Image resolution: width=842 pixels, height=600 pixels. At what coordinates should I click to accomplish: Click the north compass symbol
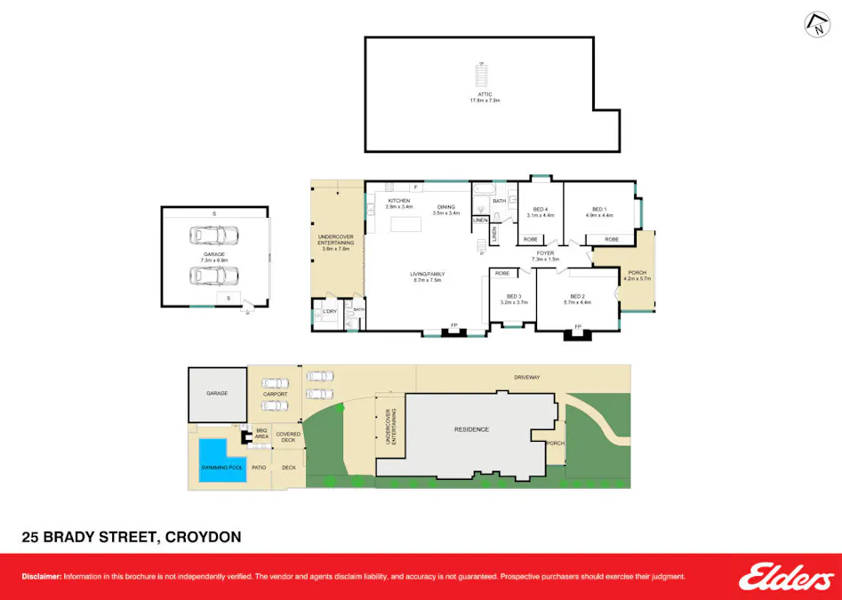click(814, 25)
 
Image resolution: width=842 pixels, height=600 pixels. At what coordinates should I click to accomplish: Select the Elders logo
click(786, 578)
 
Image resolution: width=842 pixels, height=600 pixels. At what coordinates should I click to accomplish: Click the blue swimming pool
click(221, 460)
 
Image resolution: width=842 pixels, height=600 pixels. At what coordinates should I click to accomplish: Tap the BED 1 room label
click(598, 212)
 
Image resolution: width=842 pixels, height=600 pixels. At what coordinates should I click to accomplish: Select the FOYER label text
click(544, 254)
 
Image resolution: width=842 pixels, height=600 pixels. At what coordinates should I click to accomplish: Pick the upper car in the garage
click(214, 236)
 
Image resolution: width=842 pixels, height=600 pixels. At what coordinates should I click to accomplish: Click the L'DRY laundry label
click(329, 311)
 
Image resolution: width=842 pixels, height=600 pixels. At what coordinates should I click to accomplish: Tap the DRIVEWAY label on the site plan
click(526, 377)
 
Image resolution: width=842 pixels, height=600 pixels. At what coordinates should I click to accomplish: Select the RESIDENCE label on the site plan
click(471, 429)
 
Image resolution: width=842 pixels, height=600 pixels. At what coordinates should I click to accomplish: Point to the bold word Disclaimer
click(41, 577)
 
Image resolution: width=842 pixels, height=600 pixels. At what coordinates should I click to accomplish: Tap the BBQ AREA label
click(262, 435)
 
